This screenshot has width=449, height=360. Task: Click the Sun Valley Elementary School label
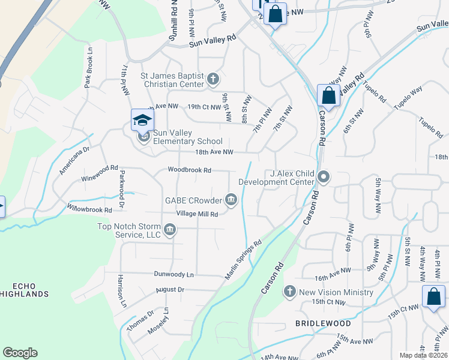click(x=179, y=137)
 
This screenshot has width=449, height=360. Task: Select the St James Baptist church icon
click(x=213, y=79)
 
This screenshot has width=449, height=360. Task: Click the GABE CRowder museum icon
click(x=231, y=199)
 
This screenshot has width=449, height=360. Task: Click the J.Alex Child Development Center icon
click(x=324, y=177)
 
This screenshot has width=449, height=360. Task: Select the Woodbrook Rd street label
click(x=190, y=170)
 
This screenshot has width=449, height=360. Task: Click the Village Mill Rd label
click(x=196, y=214)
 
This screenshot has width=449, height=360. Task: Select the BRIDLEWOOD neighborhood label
click(x=323, y=323)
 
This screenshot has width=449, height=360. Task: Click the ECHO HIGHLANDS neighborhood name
click(x=24, y=289)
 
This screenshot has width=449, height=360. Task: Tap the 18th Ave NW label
click(x=214, y=152)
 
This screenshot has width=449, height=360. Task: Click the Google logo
click(x=20, y=353)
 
